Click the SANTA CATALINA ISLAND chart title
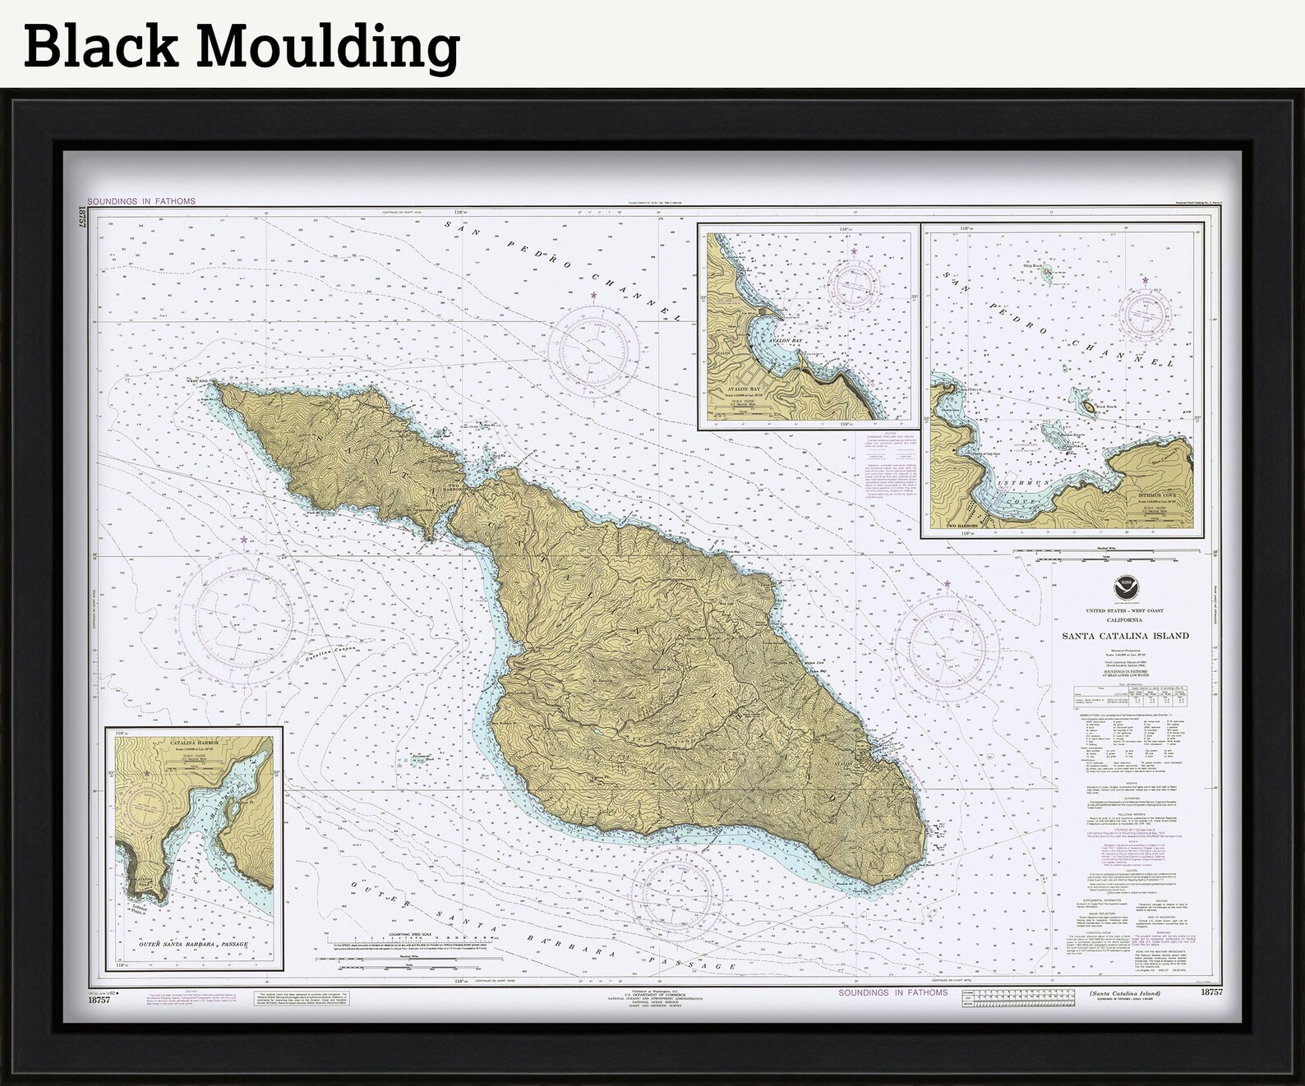1125,636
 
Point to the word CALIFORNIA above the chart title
1125,620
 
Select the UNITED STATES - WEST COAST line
1125,611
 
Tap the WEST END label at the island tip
196,381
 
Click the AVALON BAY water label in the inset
774,339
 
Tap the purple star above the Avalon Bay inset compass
854,251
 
